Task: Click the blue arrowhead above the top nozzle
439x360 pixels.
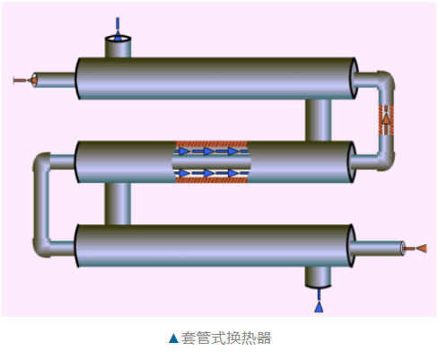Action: pos(118,36)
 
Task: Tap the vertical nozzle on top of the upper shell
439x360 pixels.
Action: pos(118,47)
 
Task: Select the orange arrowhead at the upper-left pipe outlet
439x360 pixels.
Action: pos(32,80)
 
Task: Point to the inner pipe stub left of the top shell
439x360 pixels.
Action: pos(54,80)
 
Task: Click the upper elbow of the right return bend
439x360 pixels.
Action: pos(385,80)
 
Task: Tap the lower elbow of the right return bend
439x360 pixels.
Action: pos(385,161)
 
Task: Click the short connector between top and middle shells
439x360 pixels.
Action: pos(318,120)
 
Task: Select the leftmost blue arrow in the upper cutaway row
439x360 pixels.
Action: pos(182,151)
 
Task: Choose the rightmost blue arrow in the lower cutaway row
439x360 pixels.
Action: pos(235,173)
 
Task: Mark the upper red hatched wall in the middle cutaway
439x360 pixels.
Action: pos(212,144)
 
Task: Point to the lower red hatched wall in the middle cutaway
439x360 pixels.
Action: pos(212,180)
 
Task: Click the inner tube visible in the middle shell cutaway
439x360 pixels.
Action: pos(212,162)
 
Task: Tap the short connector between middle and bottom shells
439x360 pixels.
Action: pos(118,204)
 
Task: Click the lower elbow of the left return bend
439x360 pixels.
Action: pos(41,248)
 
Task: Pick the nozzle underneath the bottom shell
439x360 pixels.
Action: pos(318,277)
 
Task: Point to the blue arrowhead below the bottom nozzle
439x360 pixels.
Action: pos(319,307)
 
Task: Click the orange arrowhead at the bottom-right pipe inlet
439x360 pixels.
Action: pos(422,248)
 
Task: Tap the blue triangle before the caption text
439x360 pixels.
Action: pos(173,338)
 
